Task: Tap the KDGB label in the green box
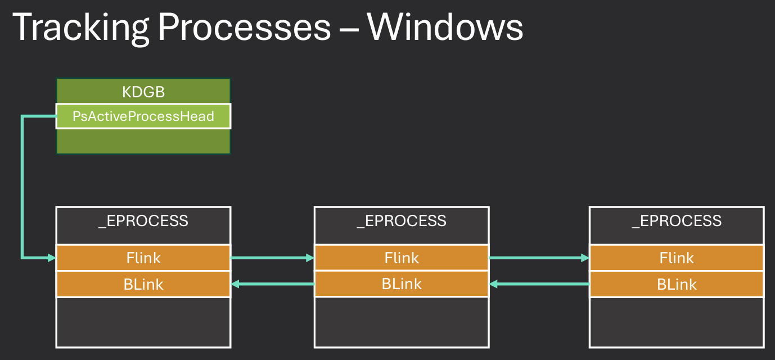pyautogui.click(x=143, y=92)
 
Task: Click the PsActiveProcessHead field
pyautogui.click(x=143, y=116)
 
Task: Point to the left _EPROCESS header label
pyautogui.click(x=143, y=220)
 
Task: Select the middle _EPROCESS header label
pyautogui.click(x=402, y=220)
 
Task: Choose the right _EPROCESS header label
pyautogui.click(x=677, y=220)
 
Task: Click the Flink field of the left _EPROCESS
pyautogui.click(x=143, y=258)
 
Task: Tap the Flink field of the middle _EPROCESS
pyautogui.click(x=402, y=258)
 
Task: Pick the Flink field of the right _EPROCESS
pyautogui.click(x=677, y=258)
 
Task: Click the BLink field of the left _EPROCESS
pyautogui.click(x=143, y=284)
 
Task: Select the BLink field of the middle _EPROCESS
pyautogui.click(x=402, y=284)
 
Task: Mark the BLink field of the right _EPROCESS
pyautogui.click(x=677, y=284)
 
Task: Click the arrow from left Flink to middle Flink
pyautogui.click(x=272, y=258)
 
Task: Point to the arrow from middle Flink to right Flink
pyautogui.click(x=539, y=258)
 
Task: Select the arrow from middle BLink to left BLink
pyautogui.click(x=272, y=284)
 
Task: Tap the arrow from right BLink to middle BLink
pyautogui.click(x=539, y=284)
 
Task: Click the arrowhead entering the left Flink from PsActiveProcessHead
pyautogui.click(x=51, y=258)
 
